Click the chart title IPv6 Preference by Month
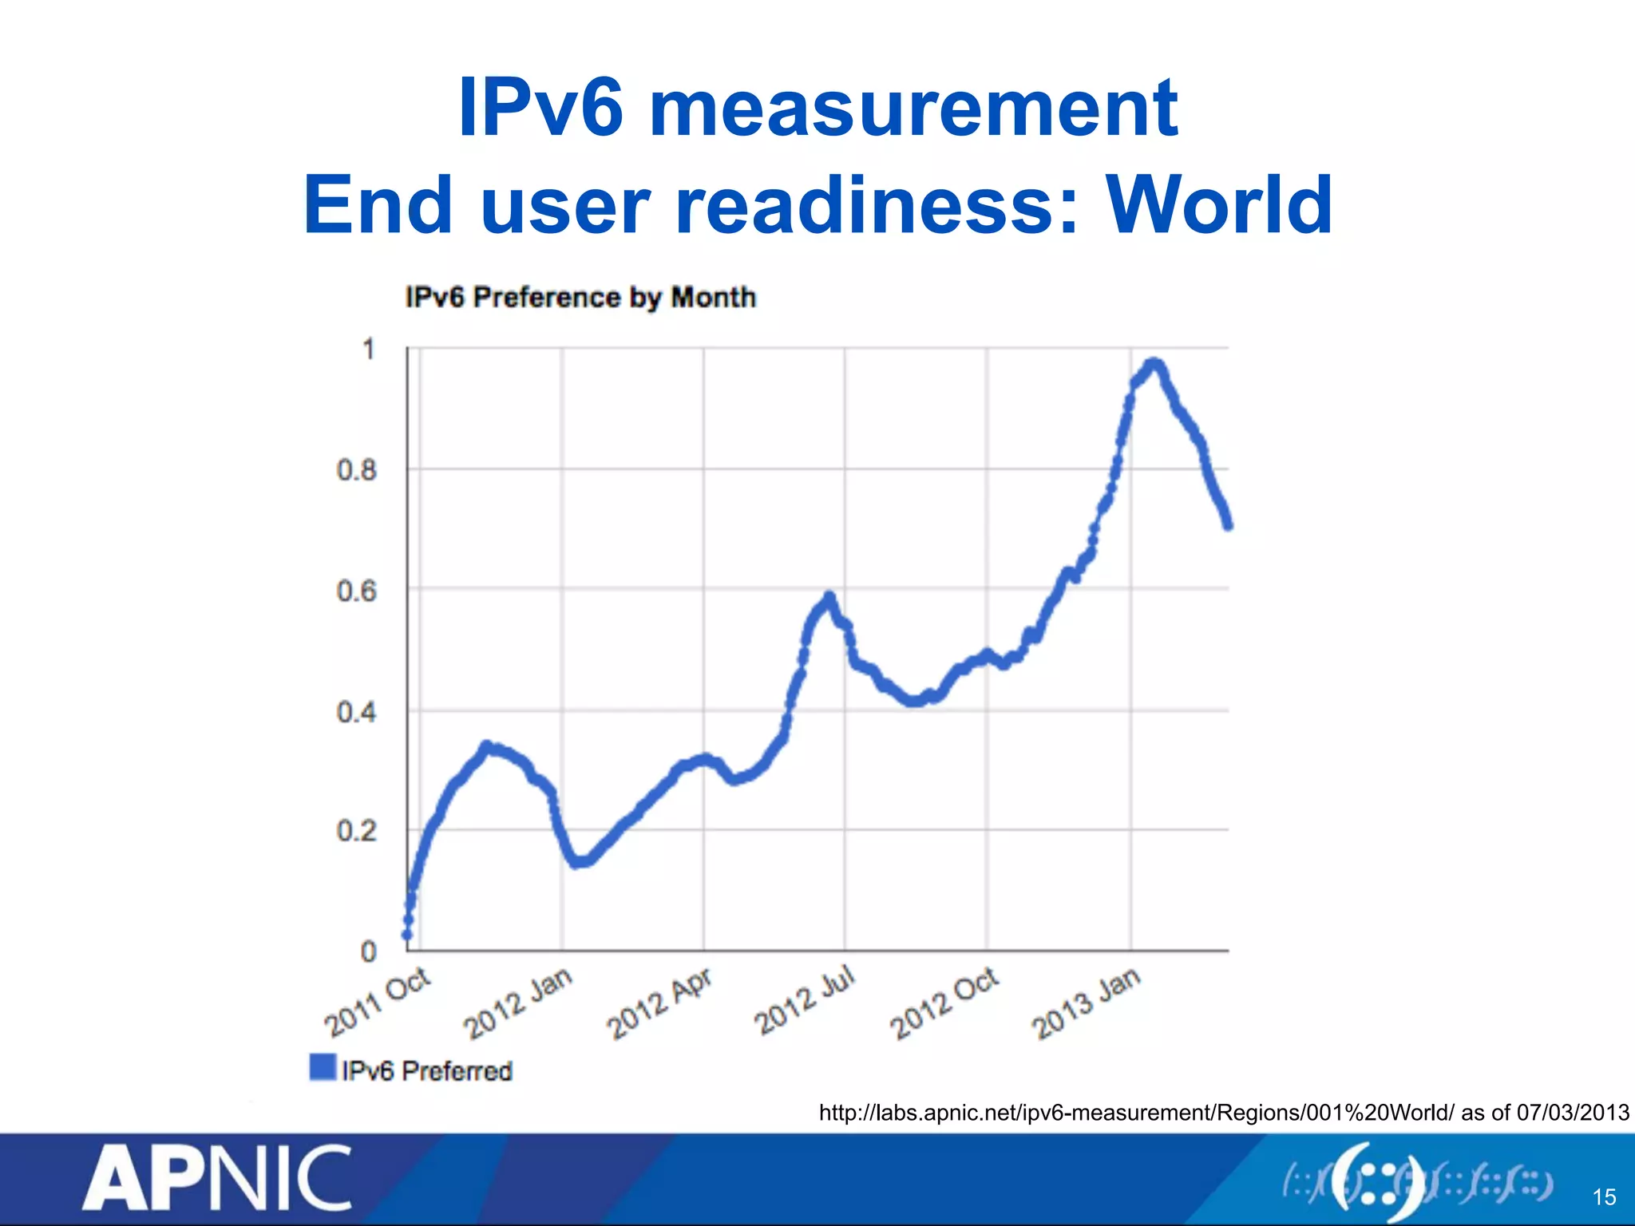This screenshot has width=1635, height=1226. coord(580,297)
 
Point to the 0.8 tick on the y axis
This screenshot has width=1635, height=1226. coord(356,470)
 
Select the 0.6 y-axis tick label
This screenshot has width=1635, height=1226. coord(356,591)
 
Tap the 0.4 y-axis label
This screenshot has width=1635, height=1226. coord(356,711)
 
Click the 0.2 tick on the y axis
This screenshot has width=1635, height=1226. coord(356,832)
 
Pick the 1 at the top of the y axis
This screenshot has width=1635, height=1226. coord(368,350)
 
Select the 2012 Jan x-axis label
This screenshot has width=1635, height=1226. coord(518,1003)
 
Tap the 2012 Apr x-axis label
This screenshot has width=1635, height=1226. coord(659,1003)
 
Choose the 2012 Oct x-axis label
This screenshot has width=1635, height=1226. coord(944,1003)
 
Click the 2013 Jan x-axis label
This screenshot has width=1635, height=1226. coord(1087,1003)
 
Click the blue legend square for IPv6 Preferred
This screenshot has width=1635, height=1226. coord(323,1067)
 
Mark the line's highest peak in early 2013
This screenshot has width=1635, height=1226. coord(1153,365)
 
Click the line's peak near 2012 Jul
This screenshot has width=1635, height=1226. coord(829,596)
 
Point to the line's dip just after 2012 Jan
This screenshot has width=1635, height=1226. coord(580,862)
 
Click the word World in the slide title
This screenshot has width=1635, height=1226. coord(1219,206)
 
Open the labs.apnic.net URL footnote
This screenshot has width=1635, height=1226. coord(1223,1112)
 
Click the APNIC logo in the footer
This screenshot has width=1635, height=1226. coord(217,1178)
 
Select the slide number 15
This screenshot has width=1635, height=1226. coord(1604,1196)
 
